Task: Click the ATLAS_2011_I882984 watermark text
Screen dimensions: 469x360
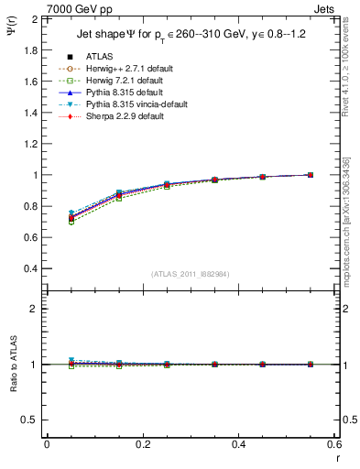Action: (191, 274)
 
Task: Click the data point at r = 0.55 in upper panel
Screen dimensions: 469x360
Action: (311, 175)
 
